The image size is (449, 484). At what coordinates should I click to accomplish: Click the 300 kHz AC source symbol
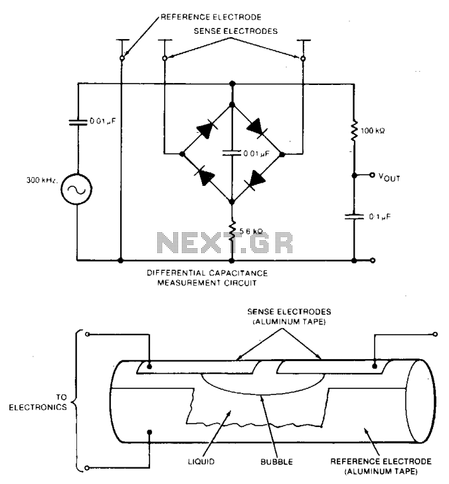pyautogui.click(x=76, y=189)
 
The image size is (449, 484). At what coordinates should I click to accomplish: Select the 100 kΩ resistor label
pyautogui.click(x=373, y=131)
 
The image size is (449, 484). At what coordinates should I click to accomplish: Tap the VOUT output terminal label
pyautogui.click(x=389, y=177)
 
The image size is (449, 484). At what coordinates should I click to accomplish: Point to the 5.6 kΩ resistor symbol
pyautogui.click(x=232, y=230)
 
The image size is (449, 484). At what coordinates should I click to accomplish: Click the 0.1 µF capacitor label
pyautogui.click(x=380, y=216)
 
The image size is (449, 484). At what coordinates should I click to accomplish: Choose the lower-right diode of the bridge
pyautogui.click(x=256, y=180)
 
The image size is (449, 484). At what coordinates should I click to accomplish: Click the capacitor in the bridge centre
pyautogui.click(x=232, y=153)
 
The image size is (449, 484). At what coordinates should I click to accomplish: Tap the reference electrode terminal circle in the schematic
pyautogui.click(x=122, y=58)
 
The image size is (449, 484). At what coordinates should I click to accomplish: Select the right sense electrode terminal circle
pyautogui.click(x=303, y=58)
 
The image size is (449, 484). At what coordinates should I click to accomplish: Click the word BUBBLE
pyautogui.click(x=277, y=462)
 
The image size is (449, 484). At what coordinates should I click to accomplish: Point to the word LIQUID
pyautogui.click(x=201, y=462)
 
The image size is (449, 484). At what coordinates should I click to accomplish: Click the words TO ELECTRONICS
pyautogui.click(x=38, y=402)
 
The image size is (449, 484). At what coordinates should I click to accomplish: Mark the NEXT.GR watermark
pyautogui.click(x=224, y=243)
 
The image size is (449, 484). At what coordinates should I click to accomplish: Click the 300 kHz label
pyautogui.click(x=42, y=180)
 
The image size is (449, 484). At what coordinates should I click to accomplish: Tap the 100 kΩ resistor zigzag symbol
pyautogui.click(x=354, y=131)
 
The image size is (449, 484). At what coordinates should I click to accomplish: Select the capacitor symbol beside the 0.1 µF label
pyautogui.click(x=354, y=216)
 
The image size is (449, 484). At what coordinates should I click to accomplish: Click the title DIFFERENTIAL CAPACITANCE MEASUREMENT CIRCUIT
pyautogui.click(x=207, y=278)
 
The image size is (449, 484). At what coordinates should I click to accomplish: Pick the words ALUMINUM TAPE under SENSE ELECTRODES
pyautogui.click(x=290, y=321)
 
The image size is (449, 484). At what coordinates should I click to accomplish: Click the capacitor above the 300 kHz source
pyautogui.click(x=78, y=122)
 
